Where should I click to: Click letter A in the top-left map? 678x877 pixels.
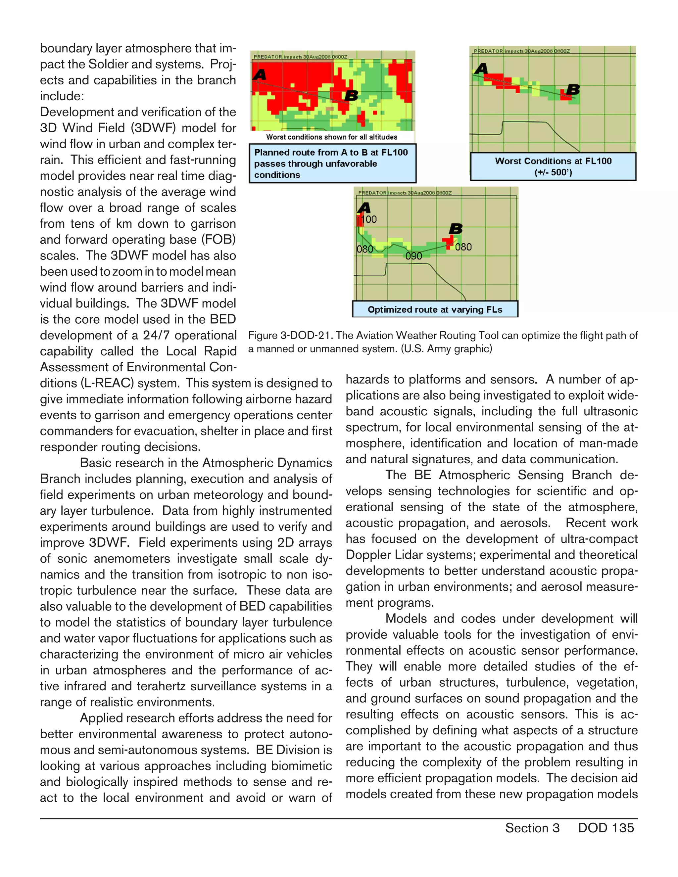(x=260, y=75)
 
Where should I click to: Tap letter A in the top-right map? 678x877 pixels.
(x=481, y=69)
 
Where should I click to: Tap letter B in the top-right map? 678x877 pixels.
(x=573, y=90)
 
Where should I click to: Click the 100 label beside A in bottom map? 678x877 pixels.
(x=369, y=219)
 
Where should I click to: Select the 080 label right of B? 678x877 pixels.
(x=463, y=247)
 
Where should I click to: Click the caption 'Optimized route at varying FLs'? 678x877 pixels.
(x=435, y=310)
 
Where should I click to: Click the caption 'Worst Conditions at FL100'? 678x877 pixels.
(x=553, y=162)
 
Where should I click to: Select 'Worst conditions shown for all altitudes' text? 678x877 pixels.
(x=331, y=137)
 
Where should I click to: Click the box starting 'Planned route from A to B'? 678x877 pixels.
(x=332, y=163)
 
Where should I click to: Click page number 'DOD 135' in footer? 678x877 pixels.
(x=606, y=828)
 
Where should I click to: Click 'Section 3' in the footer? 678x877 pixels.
(x=532, y=828)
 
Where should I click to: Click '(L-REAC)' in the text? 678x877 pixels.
(x=107, y=383)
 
